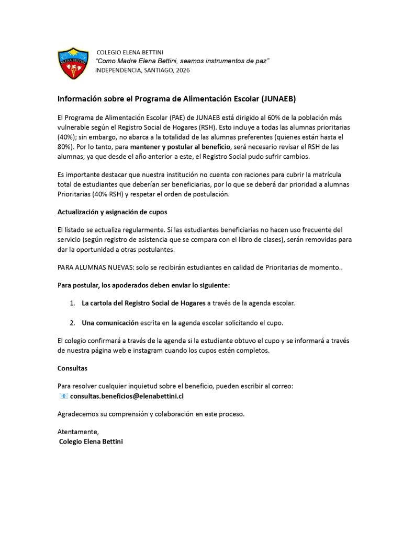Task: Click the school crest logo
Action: coord(73,63)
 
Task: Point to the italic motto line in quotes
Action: coord(182,61)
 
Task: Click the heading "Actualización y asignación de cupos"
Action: coord(112,212)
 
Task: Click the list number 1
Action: coord(72,303)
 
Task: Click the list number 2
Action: coord(72,322)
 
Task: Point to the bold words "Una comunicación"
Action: coord(110,322)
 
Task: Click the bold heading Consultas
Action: coord(72,368)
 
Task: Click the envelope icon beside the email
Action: coord(63,396)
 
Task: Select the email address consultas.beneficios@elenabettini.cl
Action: coord(127,396)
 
